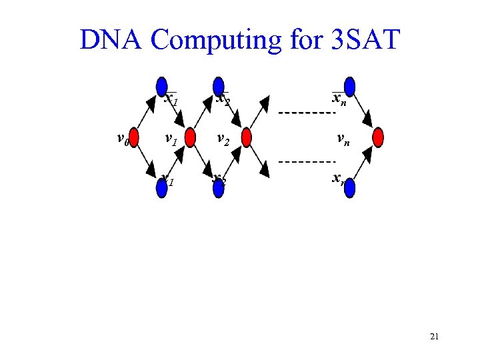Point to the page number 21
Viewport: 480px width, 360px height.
[x=434, y=337]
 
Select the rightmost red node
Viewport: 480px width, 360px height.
[x=379, y=137]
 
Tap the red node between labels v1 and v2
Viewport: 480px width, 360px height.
[x=190, y=137]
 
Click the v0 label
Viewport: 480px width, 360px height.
[x=121, y=139]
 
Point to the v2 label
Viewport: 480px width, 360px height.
[x=223, y=140]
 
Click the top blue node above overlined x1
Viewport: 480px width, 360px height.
[x=161, y=87]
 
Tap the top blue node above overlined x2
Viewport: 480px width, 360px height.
[x=217, y=87]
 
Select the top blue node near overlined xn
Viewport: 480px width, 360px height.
[x=349, y=87]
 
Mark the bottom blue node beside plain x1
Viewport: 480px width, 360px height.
[x=161, y=189]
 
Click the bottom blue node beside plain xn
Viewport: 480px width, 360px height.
[x=349, y=189]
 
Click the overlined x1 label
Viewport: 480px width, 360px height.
[x=171, y=101]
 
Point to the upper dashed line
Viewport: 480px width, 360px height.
[x=306, y=112]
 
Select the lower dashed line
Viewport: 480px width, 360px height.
[x=306, y=162]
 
